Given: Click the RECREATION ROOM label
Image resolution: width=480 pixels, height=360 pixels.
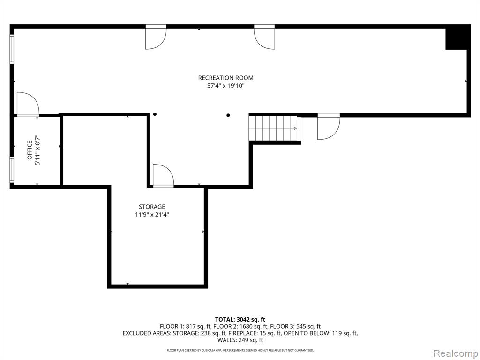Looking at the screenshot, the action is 225,78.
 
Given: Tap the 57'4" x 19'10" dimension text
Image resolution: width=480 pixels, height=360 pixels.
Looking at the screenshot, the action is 225,86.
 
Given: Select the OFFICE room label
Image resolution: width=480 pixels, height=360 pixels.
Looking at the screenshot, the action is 30,150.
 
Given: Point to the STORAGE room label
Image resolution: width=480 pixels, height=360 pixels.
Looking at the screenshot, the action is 152,207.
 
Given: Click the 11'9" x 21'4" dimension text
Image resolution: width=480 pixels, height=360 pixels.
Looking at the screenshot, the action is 152,215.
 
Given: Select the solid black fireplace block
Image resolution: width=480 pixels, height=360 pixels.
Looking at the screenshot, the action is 457,37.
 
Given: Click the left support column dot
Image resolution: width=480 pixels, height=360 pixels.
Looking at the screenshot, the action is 155,114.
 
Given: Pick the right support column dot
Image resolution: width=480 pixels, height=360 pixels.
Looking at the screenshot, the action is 228,115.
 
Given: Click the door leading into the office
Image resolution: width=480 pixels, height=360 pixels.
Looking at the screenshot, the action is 28,104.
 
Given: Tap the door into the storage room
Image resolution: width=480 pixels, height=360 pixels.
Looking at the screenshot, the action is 163,175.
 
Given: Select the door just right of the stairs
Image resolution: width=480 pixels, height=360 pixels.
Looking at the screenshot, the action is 329,127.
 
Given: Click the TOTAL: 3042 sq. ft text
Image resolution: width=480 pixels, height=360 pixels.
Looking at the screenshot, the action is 240,320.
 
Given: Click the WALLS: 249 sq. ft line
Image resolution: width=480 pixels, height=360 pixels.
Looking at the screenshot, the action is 240,340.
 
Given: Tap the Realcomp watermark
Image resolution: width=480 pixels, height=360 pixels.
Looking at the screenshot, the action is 456,353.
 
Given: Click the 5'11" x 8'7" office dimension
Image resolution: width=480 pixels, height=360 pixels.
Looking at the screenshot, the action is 37,150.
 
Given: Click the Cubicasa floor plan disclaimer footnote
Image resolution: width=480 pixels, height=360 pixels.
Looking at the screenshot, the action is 240,350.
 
